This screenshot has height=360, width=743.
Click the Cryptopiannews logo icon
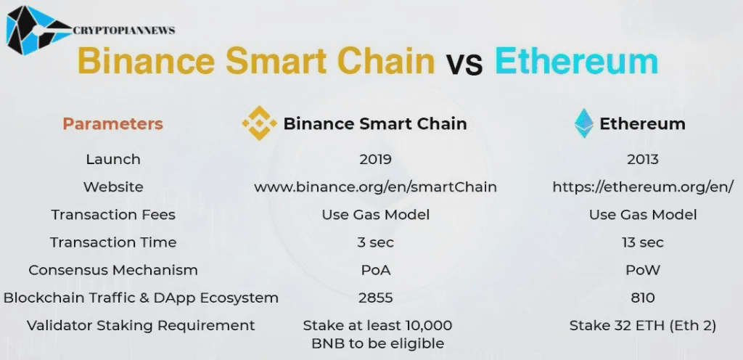pos(36,30)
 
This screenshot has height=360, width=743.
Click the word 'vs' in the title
pos(464,65)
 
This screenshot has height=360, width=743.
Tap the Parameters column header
pos(112,123)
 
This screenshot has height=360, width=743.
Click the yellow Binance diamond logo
pos(259,123)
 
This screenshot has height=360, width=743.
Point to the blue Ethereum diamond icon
pos(583,123)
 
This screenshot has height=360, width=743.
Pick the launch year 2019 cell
pos(375,159)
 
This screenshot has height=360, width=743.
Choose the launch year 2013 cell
pos(642,159)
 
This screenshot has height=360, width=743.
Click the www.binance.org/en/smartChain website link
pos(375,187)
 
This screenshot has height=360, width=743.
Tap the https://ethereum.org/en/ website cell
pos(643,187)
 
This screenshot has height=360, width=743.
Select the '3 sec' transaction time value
pos(375,242)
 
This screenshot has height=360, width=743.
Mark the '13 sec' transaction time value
pos(642,242)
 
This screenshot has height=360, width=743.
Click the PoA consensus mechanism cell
pos(375,270)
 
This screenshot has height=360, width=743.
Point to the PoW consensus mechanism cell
pos(642,270)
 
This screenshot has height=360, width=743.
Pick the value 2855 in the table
pos(375,298)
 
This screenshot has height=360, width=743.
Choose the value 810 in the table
pos(642,298)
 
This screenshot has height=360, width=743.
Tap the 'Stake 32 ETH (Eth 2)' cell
pos(642,325)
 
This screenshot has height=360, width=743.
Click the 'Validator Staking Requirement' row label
pos(141,325)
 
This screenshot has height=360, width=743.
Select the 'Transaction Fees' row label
pos(113,214)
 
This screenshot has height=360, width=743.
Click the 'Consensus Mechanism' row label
pos(113,270)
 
